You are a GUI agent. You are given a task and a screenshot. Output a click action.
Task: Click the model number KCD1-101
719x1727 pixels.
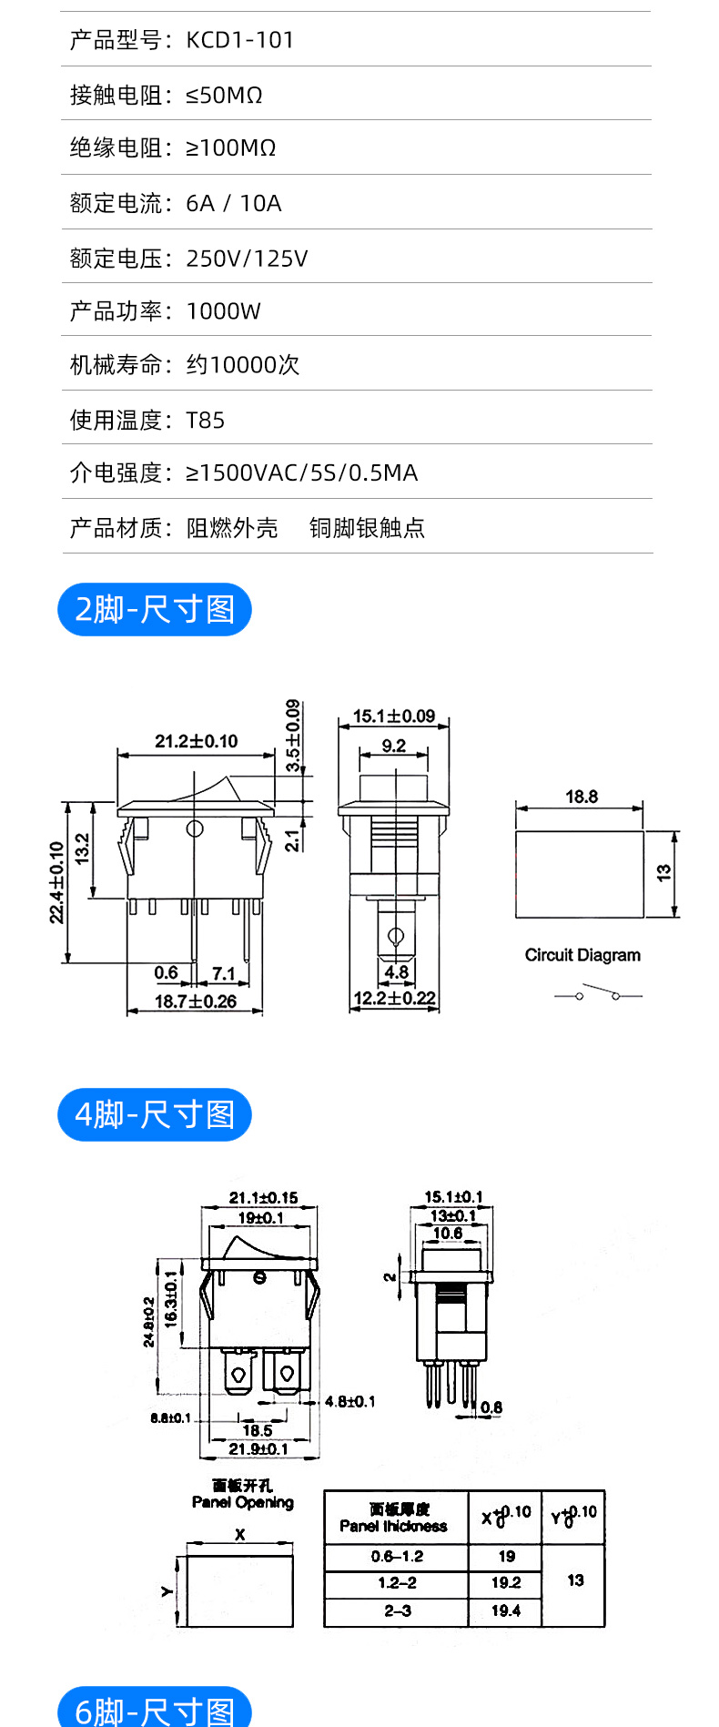(x=240, y=40)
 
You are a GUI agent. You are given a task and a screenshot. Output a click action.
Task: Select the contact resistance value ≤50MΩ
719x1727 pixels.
(x=224, y=95)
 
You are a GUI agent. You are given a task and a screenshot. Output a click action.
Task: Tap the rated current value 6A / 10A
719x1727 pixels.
(x=234, y=203)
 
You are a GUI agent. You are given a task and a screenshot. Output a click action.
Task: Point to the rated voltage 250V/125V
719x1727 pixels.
(x=247, y=259)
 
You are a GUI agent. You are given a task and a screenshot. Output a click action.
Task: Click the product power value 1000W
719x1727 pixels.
(x=223, y=311)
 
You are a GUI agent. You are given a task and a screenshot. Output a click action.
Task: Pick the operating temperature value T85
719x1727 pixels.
(x=205, y=420)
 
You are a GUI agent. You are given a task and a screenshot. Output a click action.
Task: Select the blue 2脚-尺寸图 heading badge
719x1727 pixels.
(x=155, y=609)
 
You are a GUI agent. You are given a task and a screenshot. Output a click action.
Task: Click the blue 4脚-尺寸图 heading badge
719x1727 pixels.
(x=155, y=1114)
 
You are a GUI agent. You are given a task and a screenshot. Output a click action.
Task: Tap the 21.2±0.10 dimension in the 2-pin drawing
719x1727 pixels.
(x=196, y=741)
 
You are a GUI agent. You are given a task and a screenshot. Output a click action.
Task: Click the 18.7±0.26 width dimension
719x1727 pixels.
(x=195, y=1001)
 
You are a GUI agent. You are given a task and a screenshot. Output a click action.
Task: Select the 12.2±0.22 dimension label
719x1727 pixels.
(x=394, y=998)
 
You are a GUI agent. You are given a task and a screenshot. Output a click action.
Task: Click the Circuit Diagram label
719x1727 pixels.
(x=582, y=955)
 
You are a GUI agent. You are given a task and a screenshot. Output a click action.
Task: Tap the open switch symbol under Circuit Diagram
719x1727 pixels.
(x=597, y=993)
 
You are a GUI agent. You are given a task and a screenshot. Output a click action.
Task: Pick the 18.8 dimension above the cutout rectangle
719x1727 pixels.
(x=582, y=797)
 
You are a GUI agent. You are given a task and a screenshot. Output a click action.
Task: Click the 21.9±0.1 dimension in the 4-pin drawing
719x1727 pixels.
(x=258, y=1448)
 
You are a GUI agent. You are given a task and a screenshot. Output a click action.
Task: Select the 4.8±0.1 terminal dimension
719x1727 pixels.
(x=349, y=1401)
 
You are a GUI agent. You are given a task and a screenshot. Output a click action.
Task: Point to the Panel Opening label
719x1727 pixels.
(x=242, y=1502)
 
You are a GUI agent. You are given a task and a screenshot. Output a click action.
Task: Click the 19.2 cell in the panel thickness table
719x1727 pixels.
(x=506, y=1582)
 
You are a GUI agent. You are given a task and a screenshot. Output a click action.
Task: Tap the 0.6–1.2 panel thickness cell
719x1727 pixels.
(x=397, y=1556)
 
